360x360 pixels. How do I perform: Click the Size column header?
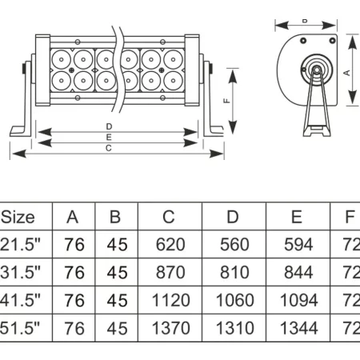coord(18,216)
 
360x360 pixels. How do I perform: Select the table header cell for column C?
coord(169,216)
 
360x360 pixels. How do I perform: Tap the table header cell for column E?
coord(298,216)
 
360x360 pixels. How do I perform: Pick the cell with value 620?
coord(169,244)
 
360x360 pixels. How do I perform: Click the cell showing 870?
coord(169,272)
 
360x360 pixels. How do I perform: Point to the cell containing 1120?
coord(169,300)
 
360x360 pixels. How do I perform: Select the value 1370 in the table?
coord(169,328)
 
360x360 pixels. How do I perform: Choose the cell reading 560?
coord(234,244)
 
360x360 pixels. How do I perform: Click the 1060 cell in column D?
coord(234,300)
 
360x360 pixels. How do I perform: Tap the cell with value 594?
coord(298,244)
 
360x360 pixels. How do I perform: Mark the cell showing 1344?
coord(298,328)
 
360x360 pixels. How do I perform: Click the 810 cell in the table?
coord(234,272)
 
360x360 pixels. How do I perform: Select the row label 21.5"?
coord(20,244)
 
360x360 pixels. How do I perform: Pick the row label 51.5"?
coord(20,328)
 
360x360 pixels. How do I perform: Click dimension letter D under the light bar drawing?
coord(109,127)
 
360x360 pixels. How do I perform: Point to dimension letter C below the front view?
coord(109,147)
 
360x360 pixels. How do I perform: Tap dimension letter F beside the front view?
coord(226,101)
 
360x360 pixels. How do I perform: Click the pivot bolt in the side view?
coord(317,70)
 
